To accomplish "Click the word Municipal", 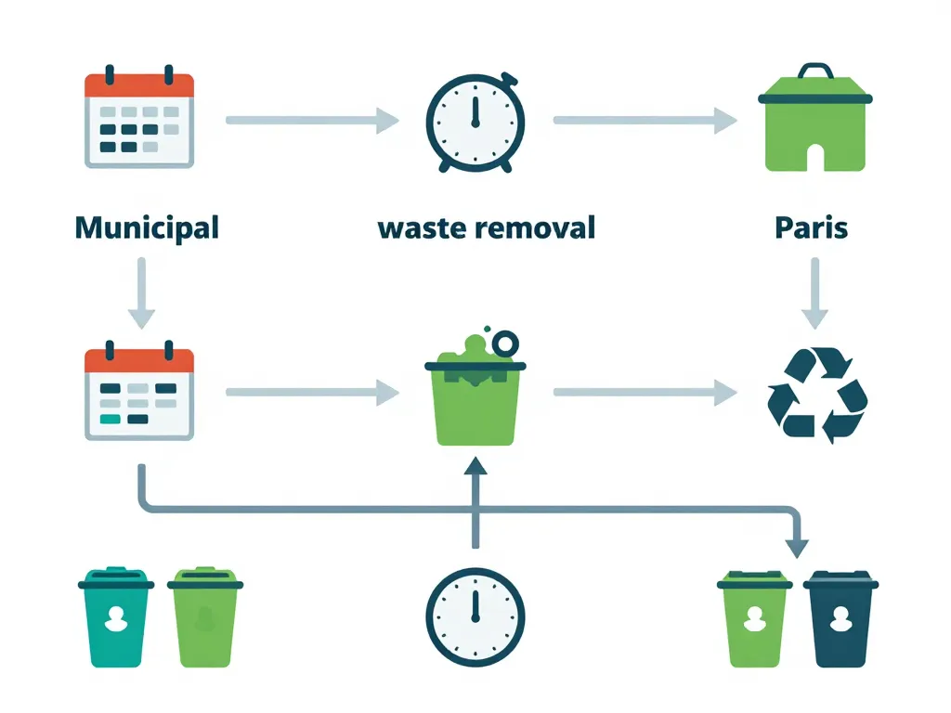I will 146,227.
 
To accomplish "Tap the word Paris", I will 811,227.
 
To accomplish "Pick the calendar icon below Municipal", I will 139,393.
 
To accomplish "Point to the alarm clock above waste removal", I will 475,122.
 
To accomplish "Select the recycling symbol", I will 816,393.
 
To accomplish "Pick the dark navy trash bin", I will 840,619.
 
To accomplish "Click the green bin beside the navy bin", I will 754,619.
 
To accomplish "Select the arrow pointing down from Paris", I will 814,292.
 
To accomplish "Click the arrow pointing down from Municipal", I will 140,292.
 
